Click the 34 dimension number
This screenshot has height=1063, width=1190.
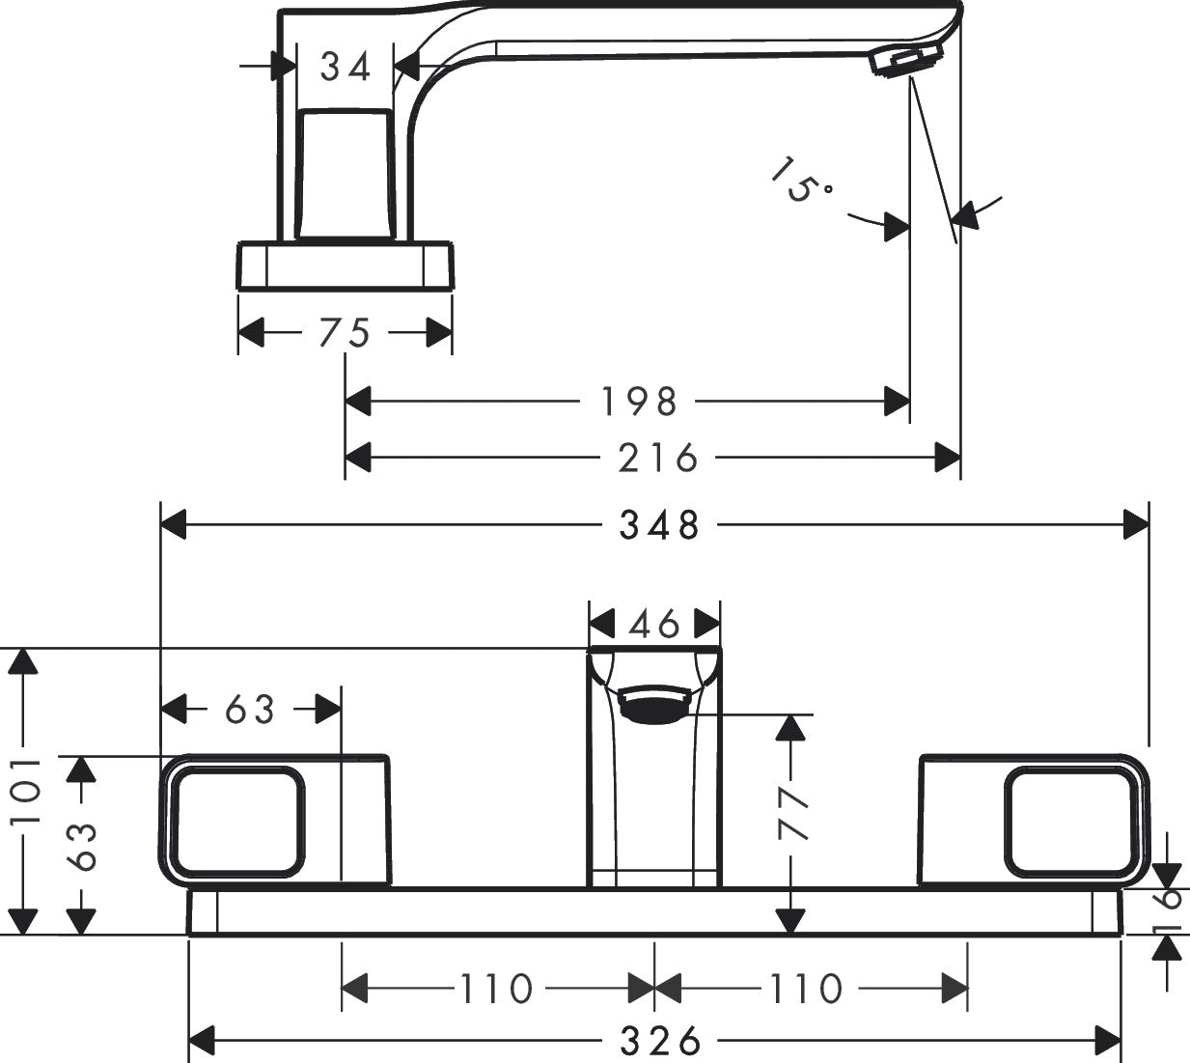click(x=346, y=68)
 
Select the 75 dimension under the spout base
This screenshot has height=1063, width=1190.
click(x=345, y=333)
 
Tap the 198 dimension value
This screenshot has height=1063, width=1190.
click(x=639, y=401)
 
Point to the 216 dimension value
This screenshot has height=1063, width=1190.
click(x=658, y=458)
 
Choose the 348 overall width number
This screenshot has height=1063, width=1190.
click(x=659, y=525)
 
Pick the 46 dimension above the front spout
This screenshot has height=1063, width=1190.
click(x=654, y=625)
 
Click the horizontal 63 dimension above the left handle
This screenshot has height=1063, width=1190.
click(x=250, y=710)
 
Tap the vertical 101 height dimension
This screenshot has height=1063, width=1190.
click(x=27, y=790)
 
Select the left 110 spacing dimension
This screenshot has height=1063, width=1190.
click(x=495, y=989)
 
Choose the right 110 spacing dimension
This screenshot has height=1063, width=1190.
click(x=806, y=989)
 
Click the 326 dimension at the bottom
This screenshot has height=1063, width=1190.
click(x=659, y=1041)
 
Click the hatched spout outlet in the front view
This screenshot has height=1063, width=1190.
click(x=654, y=705)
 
